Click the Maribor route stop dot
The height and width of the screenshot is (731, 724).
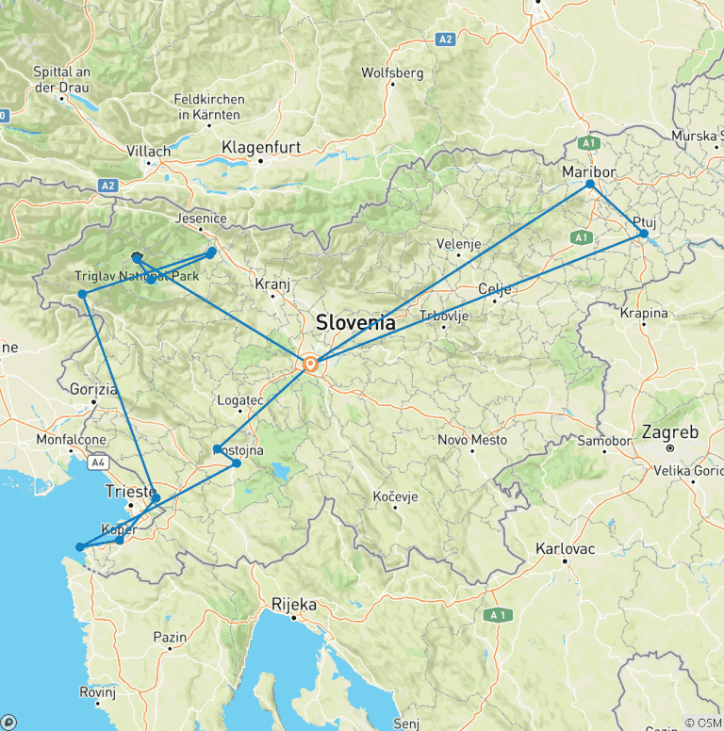[x=591, y=185]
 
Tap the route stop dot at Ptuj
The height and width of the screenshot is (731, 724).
[x=644, y=234]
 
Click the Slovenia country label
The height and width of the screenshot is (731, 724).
[x=355, y=321]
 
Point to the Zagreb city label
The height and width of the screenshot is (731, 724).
[x=669, y=433]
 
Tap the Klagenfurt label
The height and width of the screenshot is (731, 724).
[x=260, y=147]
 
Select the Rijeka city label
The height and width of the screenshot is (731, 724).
[x=293, y=604]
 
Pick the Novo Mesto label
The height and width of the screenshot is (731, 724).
[x=472, y=440]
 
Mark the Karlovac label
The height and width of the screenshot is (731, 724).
[x=565, y=547]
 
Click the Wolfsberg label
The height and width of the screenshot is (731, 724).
[x=392, y=73]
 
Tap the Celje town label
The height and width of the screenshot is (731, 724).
[x=495, y=288]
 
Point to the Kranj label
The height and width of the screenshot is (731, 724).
[x=273, y=284]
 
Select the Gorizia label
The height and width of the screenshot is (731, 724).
[x=93, y=388]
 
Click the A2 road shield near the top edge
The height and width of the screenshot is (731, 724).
[x=446, y=40]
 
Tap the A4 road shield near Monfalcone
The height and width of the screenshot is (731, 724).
[x=98, y=463]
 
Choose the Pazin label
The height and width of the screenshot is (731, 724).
[x=171, y=638]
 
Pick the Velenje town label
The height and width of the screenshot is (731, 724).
[x=459, y=244]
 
